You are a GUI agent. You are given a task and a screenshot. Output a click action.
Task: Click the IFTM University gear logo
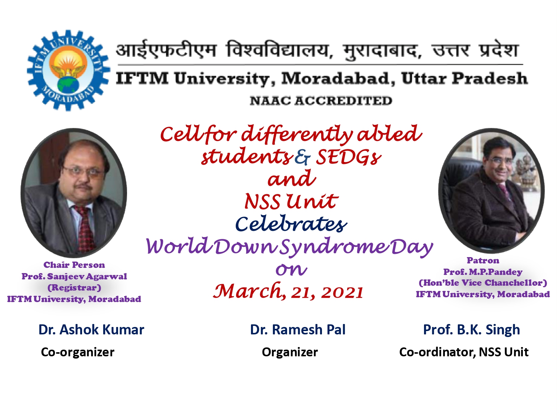coord(69,70)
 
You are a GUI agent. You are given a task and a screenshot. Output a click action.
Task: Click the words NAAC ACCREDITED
coord(321,101)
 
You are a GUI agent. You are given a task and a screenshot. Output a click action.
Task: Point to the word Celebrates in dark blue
coord(291,224)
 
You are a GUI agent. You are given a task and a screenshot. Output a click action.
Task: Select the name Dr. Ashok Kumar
coord(91,330)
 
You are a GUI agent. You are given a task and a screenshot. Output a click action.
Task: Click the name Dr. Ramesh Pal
coord(298,330)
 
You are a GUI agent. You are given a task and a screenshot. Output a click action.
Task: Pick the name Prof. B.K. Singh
coord(472,330)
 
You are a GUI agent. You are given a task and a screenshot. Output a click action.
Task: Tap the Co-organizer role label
coord(78,352)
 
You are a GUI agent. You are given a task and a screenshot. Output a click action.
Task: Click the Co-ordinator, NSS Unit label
coord(464,352)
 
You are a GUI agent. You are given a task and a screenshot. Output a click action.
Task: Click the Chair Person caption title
coord(74,265)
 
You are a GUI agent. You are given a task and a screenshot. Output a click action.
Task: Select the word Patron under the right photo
coord(483,260)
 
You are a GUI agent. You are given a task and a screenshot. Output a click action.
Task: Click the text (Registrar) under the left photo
coord(74,288)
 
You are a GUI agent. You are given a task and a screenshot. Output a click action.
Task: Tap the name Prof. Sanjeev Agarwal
coord(74,276)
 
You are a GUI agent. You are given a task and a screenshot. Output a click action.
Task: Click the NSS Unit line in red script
coord(291,202)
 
